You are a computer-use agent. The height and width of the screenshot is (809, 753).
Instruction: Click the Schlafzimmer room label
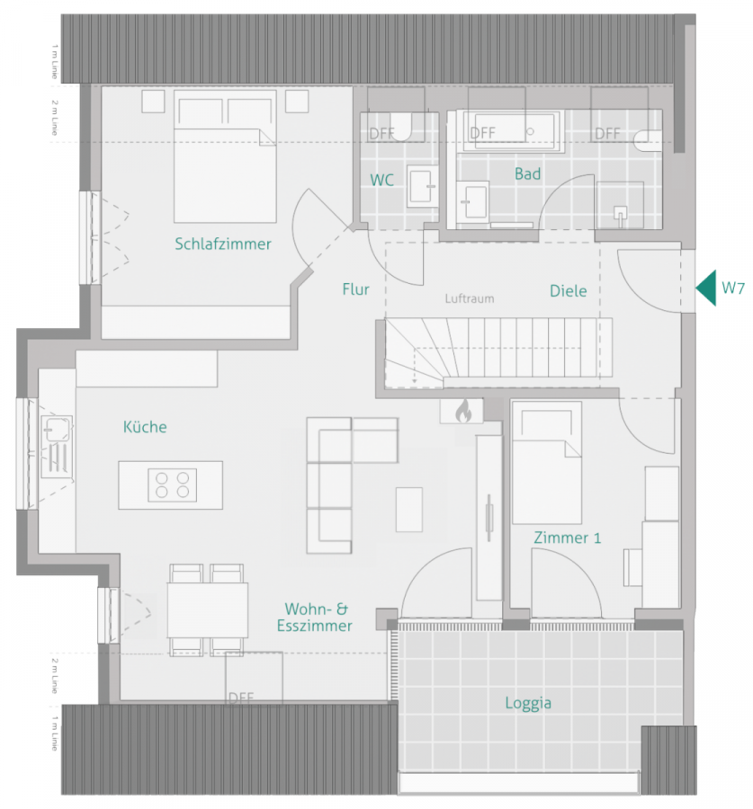(x=223, y=244)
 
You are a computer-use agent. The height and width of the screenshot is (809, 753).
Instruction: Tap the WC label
(x=381, y=180)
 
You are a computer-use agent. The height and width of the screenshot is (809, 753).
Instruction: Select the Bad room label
(x=527, y=173)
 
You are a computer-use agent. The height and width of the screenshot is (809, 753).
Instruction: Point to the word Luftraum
(x=469, y=298)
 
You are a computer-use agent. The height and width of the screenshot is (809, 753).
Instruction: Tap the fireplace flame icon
(x=462, y=412)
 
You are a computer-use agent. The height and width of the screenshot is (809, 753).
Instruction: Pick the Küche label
(x=145, y=427)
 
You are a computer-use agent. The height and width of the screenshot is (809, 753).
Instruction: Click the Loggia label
(x=528, y=704)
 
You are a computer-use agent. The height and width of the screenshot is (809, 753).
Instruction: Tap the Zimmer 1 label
(x=567, y=538)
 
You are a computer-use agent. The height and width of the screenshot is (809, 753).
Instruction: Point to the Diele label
(x=568, y=290)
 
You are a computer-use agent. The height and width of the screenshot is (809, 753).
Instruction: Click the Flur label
(x=356, y=289)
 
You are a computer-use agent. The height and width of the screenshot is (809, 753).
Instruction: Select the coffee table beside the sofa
(x=408, y=510)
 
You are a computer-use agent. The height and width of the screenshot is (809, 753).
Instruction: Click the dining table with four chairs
(x=208, y=609)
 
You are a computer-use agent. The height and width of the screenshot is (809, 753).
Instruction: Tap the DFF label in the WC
(x=381, y=133)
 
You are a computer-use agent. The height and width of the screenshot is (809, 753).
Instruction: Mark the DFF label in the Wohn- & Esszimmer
(x=241, y=698)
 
